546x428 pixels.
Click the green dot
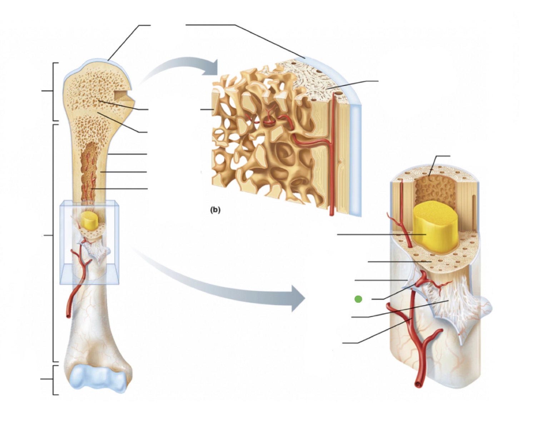pos(358,299)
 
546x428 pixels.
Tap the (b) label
pos(215,210)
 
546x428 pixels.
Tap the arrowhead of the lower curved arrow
pos(298,298)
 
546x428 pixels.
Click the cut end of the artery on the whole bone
pos(68,316)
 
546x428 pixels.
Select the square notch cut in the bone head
pos(122,95)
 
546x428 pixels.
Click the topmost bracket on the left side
pos(54,92)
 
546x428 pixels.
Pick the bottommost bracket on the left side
pos(54,380)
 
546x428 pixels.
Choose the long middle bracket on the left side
pos(54,243)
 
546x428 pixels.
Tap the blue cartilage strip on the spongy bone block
pos(356,161)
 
